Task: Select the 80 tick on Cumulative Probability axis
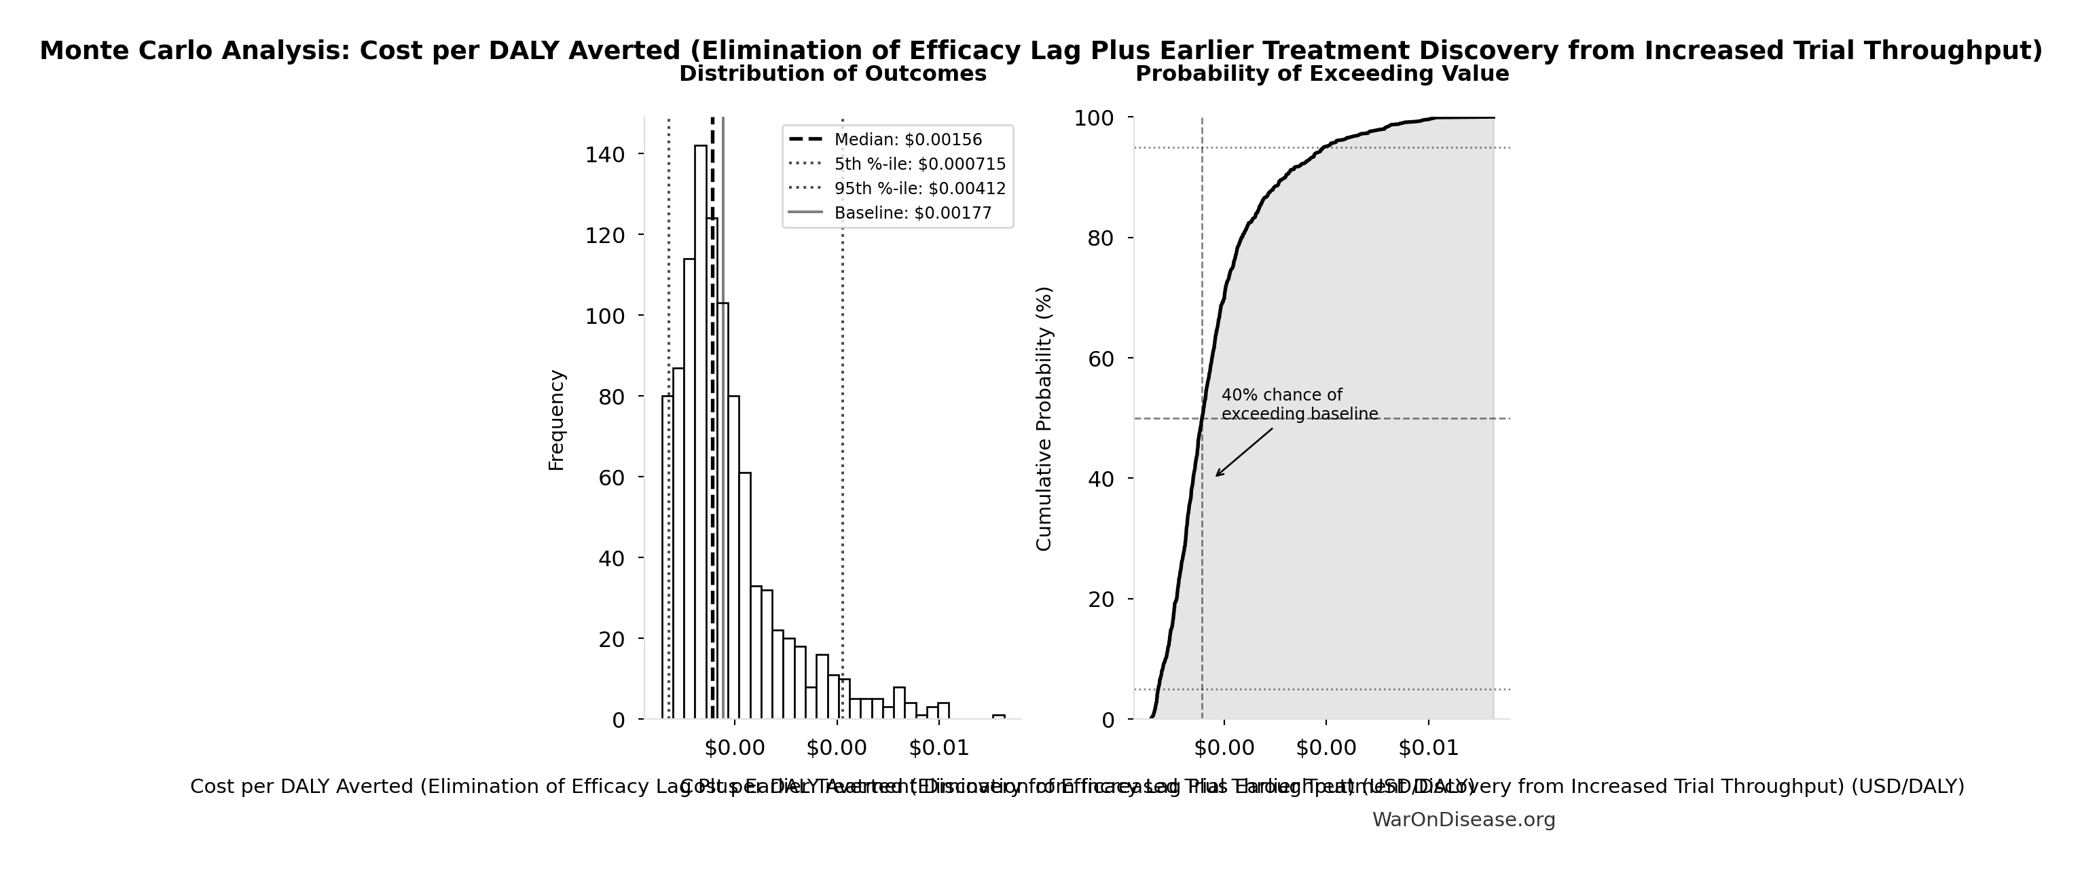[1101, 238]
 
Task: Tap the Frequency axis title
[556, 420]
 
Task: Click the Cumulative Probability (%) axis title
[1044, 419]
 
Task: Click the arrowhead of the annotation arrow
[1217, 475]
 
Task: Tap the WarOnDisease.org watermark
[1463, 819]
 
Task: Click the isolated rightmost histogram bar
[999, 716]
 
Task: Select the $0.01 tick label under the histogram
[938, 747]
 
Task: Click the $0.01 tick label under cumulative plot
[1428, 747]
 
